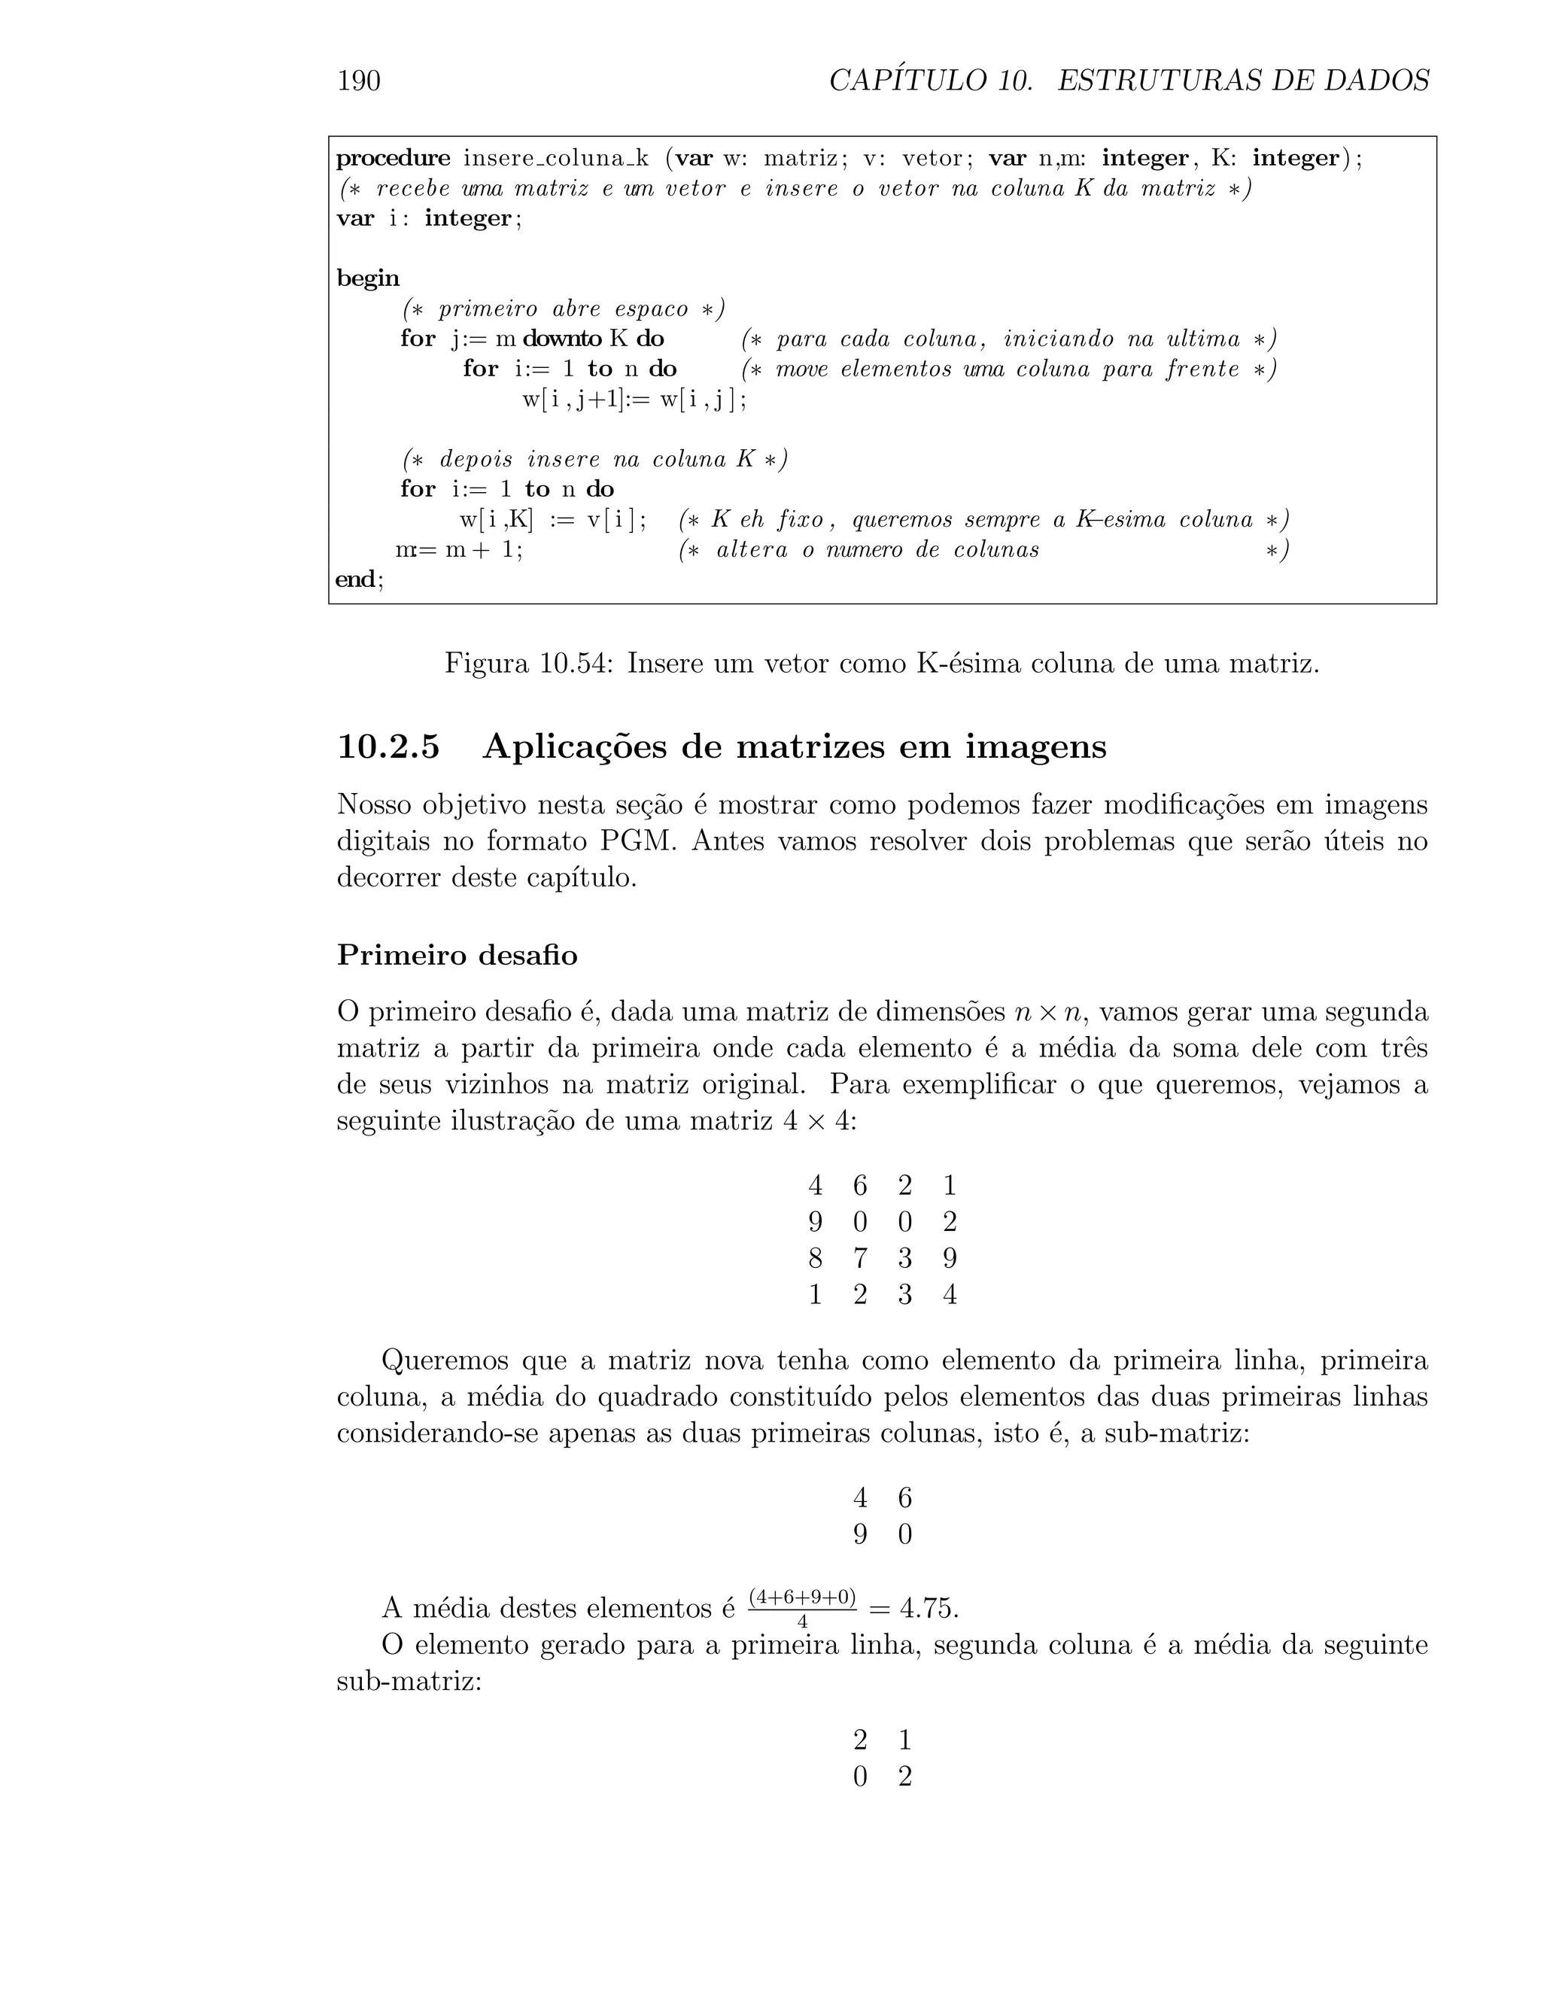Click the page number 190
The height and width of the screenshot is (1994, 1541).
tap(359, 81)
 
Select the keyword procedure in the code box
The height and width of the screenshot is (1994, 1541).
tap(394, 159)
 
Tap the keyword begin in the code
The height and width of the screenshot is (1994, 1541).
tap(368, 278)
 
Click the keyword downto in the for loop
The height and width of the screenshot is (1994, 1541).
tap(561, 339)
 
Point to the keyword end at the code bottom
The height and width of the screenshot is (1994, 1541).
tap(356, 579)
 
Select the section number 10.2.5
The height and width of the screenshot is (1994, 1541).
tap(389, 747)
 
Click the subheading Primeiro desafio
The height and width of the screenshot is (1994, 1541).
tap(457, 955)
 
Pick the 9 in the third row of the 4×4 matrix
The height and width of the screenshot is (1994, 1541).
tap(950, 1259)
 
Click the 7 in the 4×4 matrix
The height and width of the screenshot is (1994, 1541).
tap(860, 1259)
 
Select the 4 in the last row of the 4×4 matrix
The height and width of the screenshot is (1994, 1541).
tap(950, 1296)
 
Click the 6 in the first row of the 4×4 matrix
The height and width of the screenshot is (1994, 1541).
tap(860, 1186)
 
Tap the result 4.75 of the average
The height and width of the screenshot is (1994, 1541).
tap(929, 1608)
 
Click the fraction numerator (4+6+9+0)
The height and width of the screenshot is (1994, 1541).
tap(801, 1597)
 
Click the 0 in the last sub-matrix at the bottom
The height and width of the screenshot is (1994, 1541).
tap(860, 1777)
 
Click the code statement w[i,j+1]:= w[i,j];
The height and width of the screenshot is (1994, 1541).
tap(634, 399)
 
